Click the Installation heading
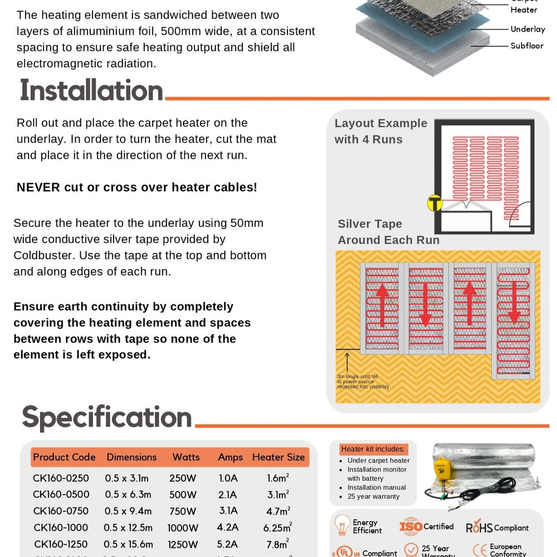click(x=91, y=91)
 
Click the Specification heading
click(x=106, y=418)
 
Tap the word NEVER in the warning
click(x=38, y=187)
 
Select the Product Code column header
click(x=64, y=457)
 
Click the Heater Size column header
click(x=278, y=457)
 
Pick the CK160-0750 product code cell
click(x=61, y=511)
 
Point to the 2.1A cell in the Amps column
click(x=228, y=495)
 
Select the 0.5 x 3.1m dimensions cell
click(x=126, y=478)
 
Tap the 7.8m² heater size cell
click(x=277, y=544)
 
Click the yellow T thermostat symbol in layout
click(x=434, y=203)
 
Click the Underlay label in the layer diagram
click(x=527, y=29)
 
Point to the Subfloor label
click(x=526, y=46)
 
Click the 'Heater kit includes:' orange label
click(x=373, y=449)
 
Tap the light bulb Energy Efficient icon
click(x=341, y=525)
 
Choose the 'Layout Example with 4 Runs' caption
click(x=380, y=131)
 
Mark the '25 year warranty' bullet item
click(x=373, y=496)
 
